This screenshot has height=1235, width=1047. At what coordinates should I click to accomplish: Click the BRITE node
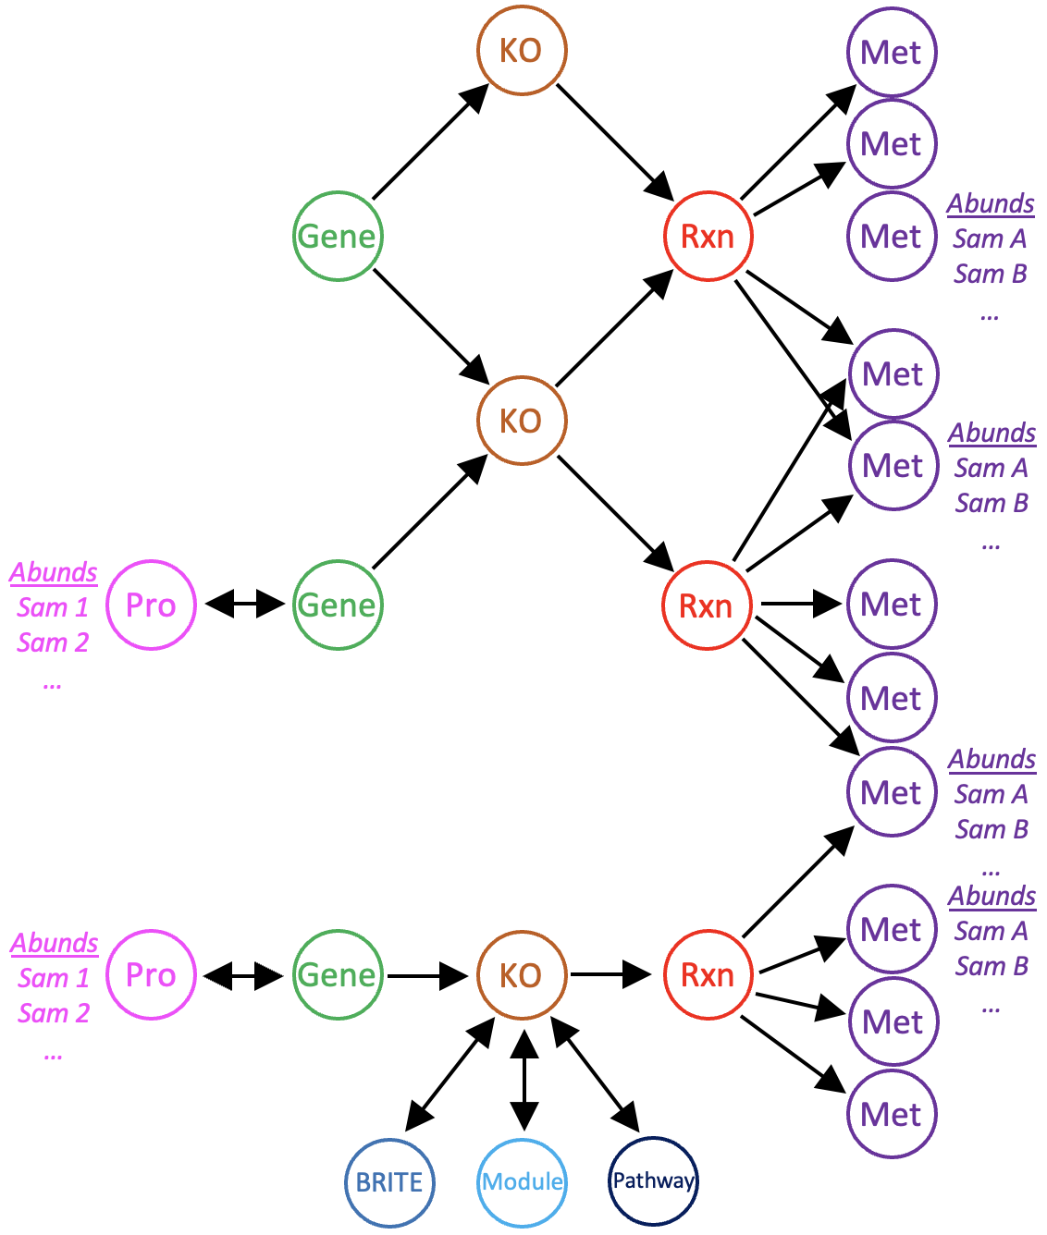pos(389,1182)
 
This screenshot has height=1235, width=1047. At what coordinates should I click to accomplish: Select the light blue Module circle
pos(523,1182)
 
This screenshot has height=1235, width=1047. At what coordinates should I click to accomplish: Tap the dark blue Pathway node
pos(653,1180)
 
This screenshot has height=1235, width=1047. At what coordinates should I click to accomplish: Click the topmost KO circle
pos(522,50)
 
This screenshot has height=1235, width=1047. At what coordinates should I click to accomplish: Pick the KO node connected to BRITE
pos(522,975)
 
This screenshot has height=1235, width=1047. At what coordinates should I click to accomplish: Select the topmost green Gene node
pos(338,236)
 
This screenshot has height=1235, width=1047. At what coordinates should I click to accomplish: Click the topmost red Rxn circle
pos(708,236)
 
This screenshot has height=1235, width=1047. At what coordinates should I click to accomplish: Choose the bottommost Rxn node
pos(708,975)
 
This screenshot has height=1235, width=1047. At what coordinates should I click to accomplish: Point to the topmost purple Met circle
pos(892,52)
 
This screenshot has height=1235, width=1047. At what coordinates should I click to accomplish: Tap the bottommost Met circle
pos(892,1114)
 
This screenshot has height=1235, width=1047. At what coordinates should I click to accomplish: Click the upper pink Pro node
pos(151,605)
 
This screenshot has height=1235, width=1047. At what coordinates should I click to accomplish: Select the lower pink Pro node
pos(151,975)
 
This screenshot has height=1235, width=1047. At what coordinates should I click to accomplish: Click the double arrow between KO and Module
pos(523,1080)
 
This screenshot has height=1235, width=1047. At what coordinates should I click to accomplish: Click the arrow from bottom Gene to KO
pos(427,975)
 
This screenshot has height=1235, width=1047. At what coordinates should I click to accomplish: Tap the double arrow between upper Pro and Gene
pos(244,605)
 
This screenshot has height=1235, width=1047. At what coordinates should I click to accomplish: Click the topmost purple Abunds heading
pos(991,203)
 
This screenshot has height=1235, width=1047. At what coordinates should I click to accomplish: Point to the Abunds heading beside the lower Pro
pos(55,943)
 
